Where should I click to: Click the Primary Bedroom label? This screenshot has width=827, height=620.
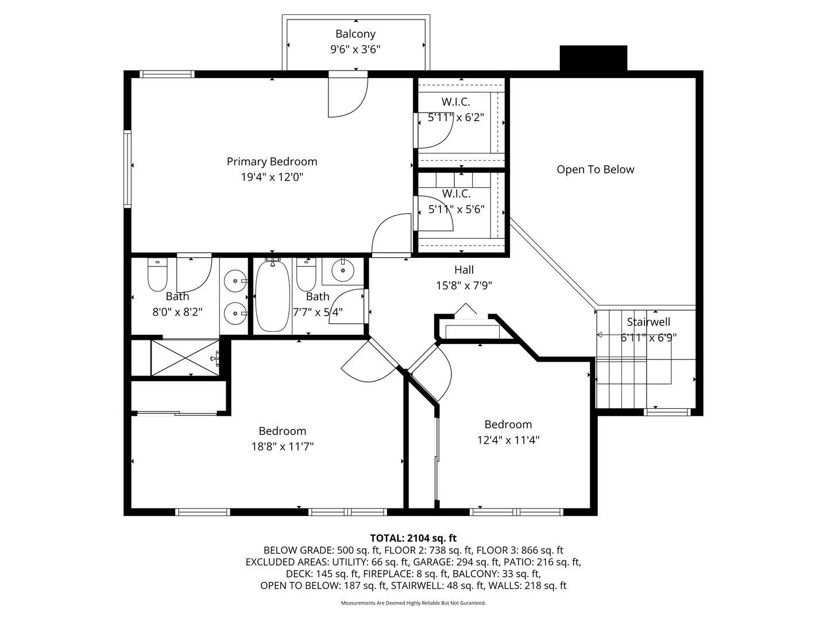click(x=272, y=162)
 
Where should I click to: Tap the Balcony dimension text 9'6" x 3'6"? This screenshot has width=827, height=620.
click(x=355, y=49)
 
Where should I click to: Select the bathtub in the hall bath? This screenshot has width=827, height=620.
click(x=272, y=295)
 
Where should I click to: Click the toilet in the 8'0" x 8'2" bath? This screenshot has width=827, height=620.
click(x=157, y=275)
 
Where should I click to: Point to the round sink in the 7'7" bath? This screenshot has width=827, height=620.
click(x=343, y=270)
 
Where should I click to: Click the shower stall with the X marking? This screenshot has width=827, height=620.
click(x=185, y=358)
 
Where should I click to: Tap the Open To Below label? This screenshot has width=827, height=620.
click(x=595, y=169)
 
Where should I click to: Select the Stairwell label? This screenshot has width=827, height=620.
click(x=648, y=322)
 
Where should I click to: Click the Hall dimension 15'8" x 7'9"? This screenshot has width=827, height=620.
click(x=464, y=285)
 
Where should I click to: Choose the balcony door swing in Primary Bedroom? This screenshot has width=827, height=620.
click(x=347, y=96)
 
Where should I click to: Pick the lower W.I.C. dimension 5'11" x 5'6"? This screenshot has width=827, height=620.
click(x=457, y=210)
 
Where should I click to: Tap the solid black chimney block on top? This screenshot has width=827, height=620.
click(x=593, y=58)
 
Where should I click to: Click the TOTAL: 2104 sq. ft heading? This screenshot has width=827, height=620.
click(x=413, y=538)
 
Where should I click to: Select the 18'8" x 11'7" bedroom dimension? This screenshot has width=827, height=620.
click(x=283, y=446)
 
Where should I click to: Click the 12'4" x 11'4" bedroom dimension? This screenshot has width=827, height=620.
click(x=508, y=440)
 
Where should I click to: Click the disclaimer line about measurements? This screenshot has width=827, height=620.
click(x=413, y=603)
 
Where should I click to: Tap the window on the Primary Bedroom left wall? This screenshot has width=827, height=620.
click(x=127, y=168)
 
